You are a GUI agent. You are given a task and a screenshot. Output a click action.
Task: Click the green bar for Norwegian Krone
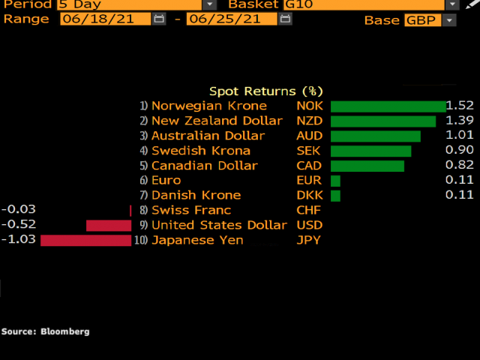[x=388, y=106]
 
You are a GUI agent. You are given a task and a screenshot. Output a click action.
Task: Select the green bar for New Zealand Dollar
[x=382, y=121]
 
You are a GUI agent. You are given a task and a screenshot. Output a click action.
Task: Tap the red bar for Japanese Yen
[x=85, y=240]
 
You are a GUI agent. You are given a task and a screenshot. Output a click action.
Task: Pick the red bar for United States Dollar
[x=109, y=225]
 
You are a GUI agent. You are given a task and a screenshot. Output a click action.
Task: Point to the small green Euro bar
[x=335, y=181]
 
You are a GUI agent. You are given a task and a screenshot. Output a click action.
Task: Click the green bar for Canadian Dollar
[x=367, y=166]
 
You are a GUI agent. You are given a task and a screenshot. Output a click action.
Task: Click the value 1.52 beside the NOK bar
[x=460, y=106]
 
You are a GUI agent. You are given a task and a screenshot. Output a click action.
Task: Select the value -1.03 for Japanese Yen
[x=19, y=239]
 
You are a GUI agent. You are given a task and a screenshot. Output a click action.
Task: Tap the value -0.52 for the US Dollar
[x=19, y=224]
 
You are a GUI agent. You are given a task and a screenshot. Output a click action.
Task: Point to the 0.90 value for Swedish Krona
[x=460, y=151]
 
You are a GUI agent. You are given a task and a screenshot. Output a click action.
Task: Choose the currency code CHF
[x=308, y=210]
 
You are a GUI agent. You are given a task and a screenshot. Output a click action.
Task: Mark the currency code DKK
[x=308, y=195]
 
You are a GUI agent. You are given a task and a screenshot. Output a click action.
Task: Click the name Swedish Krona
[x=201, y=151]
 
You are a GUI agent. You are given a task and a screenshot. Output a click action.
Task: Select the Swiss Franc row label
[x=191, y=210]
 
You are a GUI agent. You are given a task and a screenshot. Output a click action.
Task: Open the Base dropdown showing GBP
[x=430, y=20]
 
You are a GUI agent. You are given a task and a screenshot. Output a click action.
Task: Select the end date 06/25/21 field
[x=232, y=19]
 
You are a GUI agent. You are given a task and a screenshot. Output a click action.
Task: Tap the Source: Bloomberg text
[x=45, y=331]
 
